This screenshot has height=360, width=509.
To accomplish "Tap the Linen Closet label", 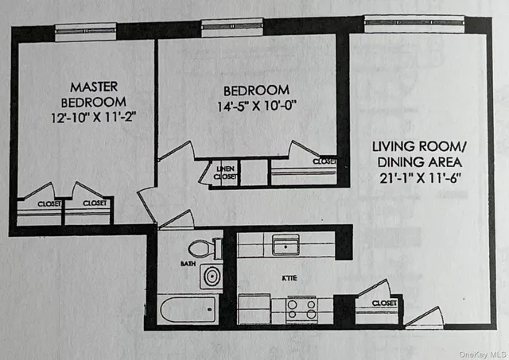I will coord(225,172).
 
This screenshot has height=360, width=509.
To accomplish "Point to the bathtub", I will coord(188,310).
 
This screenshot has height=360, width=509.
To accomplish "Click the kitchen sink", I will coord(286,244).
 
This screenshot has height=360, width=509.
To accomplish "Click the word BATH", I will coord(188,262).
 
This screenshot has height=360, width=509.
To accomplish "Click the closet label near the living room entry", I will coord(383,303).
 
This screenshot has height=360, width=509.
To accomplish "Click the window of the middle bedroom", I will coord(231,26).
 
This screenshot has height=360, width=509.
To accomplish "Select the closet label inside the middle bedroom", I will coord(324,161).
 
